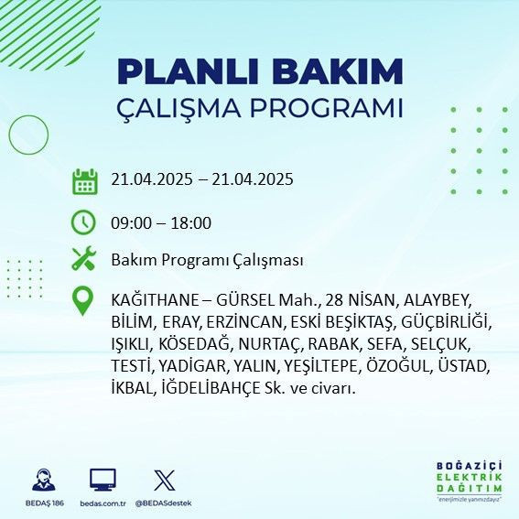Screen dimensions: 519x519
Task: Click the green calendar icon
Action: point(84,181)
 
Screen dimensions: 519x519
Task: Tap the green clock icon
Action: point(84,222)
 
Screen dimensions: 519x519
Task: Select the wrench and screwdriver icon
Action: point(84,259)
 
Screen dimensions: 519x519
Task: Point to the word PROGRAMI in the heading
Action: point(323,108)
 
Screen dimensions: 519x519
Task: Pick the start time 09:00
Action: point(131,222)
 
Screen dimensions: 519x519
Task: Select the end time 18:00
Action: point(192,222)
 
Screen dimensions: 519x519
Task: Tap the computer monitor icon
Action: point(103,480)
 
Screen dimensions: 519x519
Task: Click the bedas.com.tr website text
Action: point(103,503)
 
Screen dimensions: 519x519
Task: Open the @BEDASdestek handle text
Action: point(165,503)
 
